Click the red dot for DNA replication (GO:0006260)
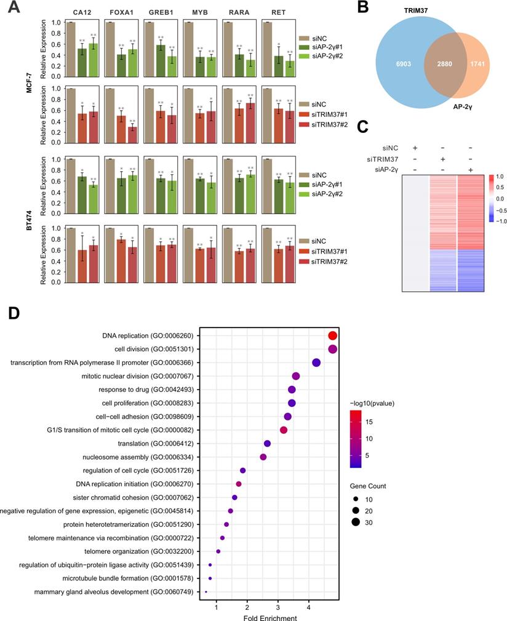333,335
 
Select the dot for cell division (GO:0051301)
333,349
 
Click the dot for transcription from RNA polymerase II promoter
316,363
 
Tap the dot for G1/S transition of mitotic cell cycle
284,430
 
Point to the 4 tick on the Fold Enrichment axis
309,605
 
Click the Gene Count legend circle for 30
356,523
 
